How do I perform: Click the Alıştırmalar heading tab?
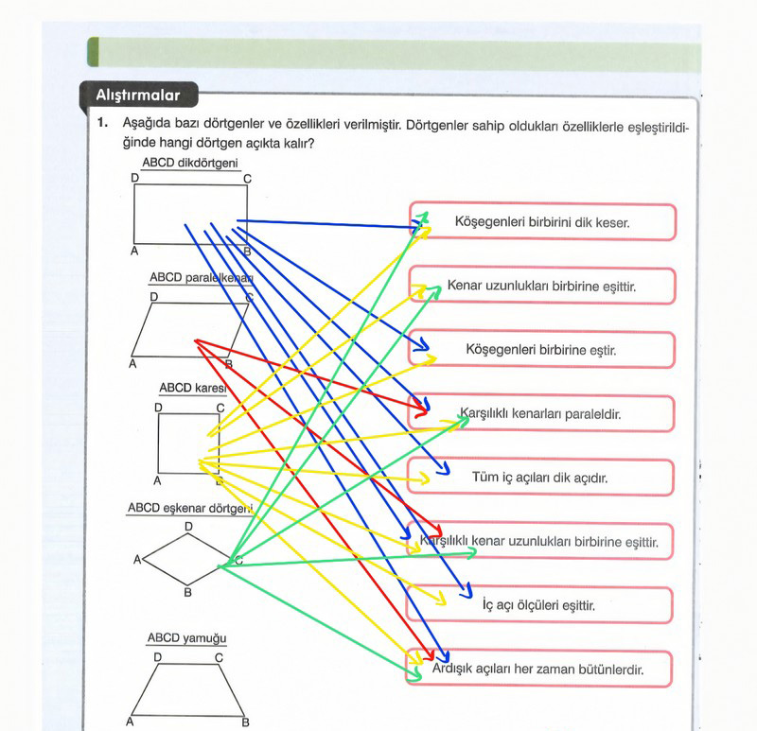pyautogui.click(x=138, y=95)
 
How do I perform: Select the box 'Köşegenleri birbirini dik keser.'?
pyautogui.click(x=542, y=222)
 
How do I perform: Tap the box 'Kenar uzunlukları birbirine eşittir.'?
pyautogui.click(x=542, y=286)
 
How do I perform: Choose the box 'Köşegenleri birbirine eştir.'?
pyautogui.click(x=541, y=349)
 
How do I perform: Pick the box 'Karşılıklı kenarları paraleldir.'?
pyautogui.click(x=540, y=413)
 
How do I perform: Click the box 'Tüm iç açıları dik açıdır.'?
pyautogui.click(x=540, y=478)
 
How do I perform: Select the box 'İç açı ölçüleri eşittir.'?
pyautogui.click(x=539, y=604)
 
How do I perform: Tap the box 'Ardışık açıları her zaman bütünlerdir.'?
pyautogui.click(x=538, y=669)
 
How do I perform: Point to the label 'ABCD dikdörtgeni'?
pyautogui.click(x=190, y=163)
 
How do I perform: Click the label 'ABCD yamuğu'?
pyautogui.click(x=186, y=638)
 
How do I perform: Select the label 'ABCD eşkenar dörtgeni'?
pyautogui.click(x=190, y=508)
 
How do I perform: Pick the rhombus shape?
pyautogui.click(x=186, y=560)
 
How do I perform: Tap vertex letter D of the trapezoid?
pyautogui.click(x=158, y=657)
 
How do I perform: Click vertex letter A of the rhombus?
pyautogui.click(x=137, y=560)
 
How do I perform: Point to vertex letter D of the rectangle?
pyautogui.click(x=134, y=178)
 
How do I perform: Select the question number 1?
pyautogui.click(x=102, y=123)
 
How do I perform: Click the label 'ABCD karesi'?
pyautogui.click(x=193, y=388)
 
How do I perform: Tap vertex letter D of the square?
pyautogui.click(x=158, y=408)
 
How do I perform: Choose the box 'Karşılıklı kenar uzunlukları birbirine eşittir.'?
pyautogui.click(x=539, y=541)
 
